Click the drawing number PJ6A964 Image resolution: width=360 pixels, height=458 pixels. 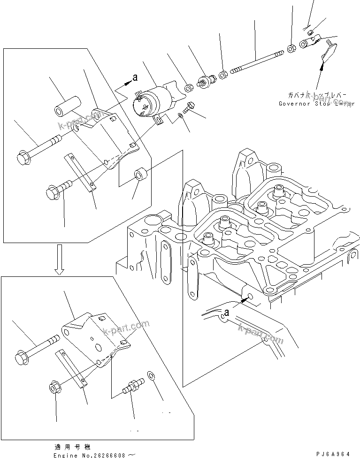[334, 454]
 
